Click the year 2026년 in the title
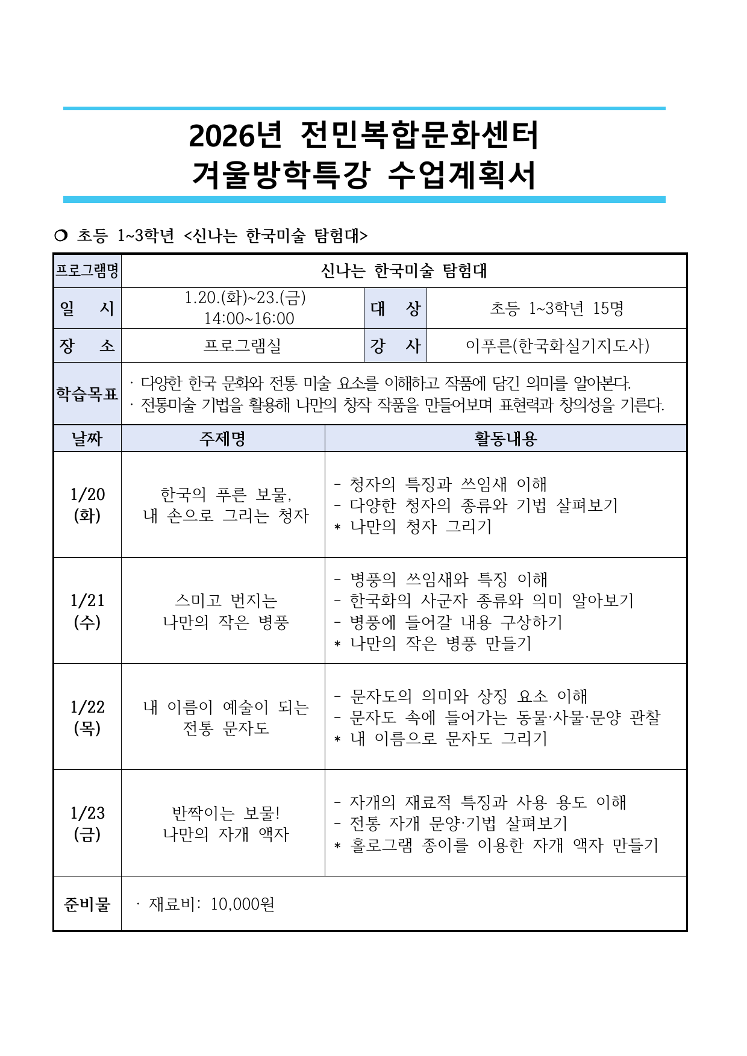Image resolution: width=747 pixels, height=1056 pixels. [x=235, y=136]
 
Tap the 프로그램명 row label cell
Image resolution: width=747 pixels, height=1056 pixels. [x=87, y=270]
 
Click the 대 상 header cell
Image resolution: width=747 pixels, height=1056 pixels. [x=395, y=308]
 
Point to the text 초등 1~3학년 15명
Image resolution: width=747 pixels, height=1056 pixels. [x=557, y=308]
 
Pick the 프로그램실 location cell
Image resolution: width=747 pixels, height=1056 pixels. [x=242, y=346]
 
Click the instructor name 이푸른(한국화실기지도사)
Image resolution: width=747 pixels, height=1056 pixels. [x=557, y=346]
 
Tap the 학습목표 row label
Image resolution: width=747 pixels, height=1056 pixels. [x=87, y=394]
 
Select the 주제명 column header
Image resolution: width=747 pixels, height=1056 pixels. [x=223, y=439]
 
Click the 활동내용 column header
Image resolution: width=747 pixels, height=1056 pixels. [x=505, y=439]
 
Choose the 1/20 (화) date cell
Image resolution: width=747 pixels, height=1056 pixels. [x=87, y=505]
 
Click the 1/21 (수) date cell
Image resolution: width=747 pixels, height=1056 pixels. [x=87, y=611]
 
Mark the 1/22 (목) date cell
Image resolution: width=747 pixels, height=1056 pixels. [x=87, y=717]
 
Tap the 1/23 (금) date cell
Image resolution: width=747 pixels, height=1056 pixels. [x=87, y=823]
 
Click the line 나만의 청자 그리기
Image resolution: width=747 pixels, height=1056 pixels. [x=420, y=526]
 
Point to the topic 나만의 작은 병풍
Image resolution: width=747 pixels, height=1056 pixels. [x=226, y=622]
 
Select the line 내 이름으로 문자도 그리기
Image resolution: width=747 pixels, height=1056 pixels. [x=448, y=739]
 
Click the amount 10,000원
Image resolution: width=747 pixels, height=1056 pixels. [x=243, y=904]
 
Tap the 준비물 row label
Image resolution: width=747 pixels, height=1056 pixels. [x=87, y=904]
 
